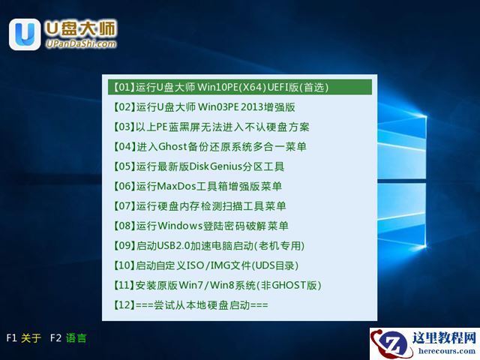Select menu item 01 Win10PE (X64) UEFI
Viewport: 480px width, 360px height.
(x=220, y=87)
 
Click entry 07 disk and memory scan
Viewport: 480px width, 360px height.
(x=199, y=206)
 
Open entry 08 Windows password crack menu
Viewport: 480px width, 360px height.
(x=200, y=226)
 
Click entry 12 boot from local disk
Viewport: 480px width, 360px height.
(x=190, y=305)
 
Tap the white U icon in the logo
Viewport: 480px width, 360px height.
(x=25, y=34)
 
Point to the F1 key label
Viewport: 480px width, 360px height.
(x=11, y=338)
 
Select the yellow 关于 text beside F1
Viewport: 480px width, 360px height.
(x=31, y=338)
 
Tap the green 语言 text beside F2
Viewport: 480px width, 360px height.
(x=76, y=338)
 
